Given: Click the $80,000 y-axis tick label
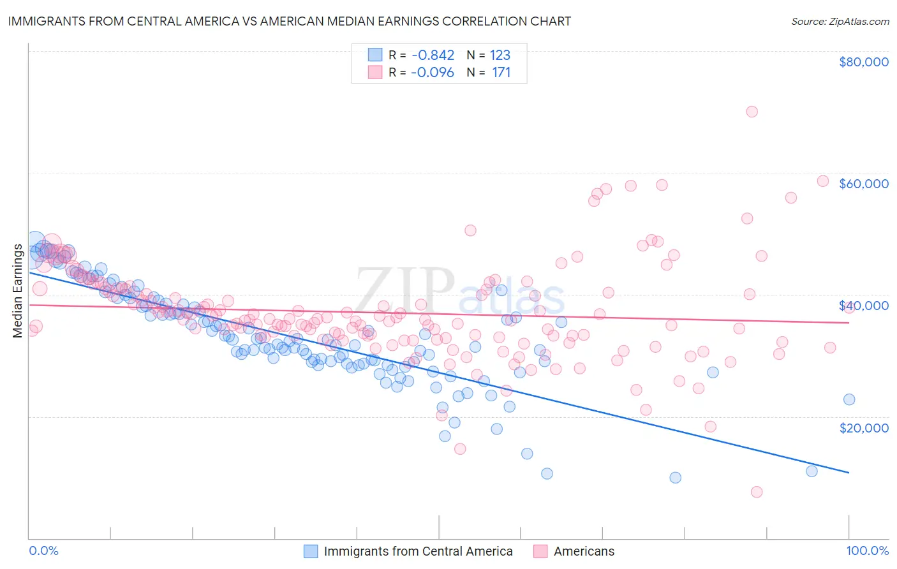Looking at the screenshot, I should click(863, 62).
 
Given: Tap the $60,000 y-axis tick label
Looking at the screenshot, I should click(863, 184).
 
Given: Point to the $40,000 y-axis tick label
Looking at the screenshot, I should click(863, 306).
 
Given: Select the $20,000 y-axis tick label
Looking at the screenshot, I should click(863, 427).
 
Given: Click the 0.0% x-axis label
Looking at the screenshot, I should click(43, 551).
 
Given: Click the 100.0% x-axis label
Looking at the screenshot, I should click(867, 551).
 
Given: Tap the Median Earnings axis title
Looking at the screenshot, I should click(17, 291).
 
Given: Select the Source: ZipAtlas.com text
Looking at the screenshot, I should click(840, 21).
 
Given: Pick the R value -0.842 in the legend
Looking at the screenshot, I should click(432, 55).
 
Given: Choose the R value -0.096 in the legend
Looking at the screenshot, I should click(432, 72).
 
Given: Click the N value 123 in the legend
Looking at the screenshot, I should click(500, 55).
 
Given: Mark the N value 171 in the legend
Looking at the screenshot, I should click(501, 72).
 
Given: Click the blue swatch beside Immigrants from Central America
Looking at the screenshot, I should click(311, 551).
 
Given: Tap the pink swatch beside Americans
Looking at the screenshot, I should click(540, 551).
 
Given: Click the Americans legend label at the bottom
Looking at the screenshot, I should click(584, 551).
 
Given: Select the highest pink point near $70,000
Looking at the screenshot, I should click(752, 112).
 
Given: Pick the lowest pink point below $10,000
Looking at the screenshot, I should click(757, 492).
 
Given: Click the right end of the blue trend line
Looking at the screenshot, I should click(849, 473).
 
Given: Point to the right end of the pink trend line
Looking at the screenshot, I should click(849, 323).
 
